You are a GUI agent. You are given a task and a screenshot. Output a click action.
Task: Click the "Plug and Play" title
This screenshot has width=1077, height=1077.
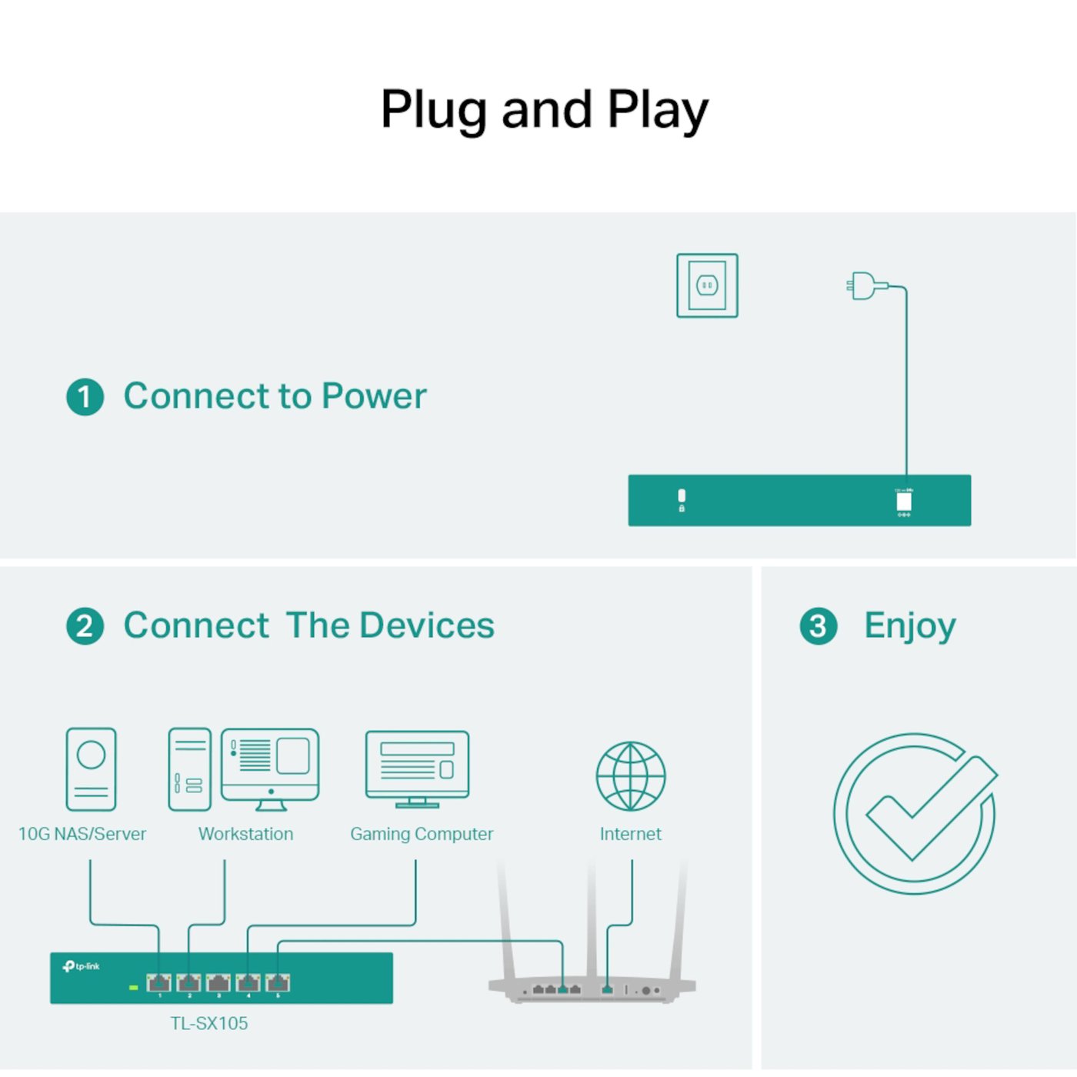544,109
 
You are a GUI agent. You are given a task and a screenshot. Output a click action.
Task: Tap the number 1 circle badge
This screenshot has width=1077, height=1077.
85,397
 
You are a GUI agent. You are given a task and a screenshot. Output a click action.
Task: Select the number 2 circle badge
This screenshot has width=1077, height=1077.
85,626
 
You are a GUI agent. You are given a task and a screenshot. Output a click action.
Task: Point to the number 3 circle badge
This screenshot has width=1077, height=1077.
818,626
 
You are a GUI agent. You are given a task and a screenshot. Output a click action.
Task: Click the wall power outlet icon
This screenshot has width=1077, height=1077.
707,285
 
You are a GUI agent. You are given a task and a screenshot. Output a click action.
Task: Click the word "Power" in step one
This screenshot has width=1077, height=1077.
374,397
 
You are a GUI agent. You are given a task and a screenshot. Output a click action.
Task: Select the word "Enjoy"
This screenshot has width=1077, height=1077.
909,626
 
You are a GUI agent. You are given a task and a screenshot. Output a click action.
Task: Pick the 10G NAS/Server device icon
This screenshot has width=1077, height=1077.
91,769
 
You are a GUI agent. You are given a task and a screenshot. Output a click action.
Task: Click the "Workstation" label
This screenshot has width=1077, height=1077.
245,834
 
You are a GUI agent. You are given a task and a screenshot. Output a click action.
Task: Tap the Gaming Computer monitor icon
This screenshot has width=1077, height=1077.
417,768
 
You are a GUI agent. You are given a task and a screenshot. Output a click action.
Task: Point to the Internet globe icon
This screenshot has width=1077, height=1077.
631,775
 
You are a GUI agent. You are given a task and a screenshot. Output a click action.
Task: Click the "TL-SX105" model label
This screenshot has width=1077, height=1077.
209,1023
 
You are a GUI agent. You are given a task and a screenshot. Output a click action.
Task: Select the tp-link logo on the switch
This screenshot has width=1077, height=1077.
82,966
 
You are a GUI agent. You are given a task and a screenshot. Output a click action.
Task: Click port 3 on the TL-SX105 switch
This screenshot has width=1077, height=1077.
218,982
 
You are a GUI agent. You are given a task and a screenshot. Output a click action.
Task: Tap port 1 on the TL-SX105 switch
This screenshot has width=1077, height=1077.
159,982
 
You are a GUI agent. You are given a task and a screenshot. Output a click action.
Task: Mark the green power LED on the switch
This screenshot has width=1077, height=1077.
133,987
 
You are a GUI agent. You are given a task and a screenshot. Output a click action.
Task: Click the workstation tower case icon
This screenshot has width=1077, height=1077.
189,769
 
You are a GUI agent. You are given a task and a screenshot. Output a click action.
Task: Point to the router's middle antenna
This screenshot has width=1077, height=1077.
592,923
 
